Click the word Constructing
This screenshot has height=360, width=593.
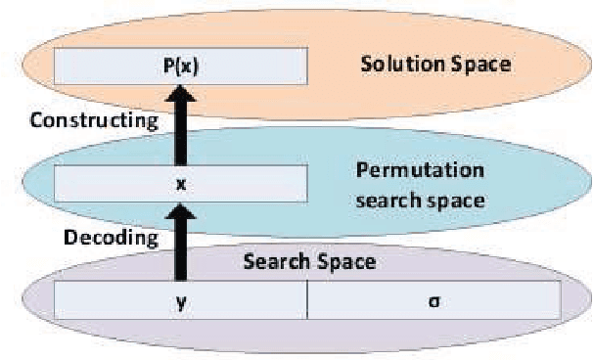tap(94, 121)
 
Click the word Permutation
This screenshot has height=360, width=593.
tap(418, 170)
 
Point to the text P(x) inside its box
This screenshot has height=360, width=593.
tap(181, 66)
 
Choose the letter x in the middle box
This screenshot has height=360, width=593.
tap(181, 183)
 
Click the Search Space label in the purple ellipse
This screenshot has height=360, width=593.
tap(309, 262)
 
